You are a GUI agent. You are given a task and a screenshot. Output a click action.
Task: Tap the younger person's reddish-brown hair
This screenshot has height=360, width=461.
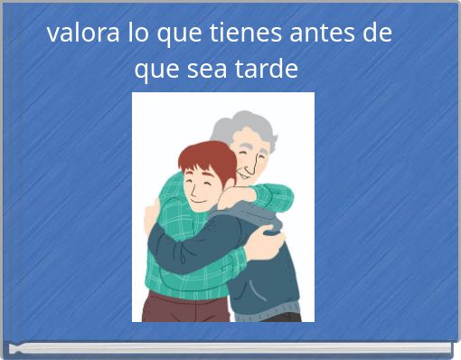point(204,158)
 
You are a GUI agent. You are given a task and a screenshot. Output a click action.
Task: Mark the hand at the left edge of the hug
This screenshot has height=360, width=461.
point(150,217)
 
